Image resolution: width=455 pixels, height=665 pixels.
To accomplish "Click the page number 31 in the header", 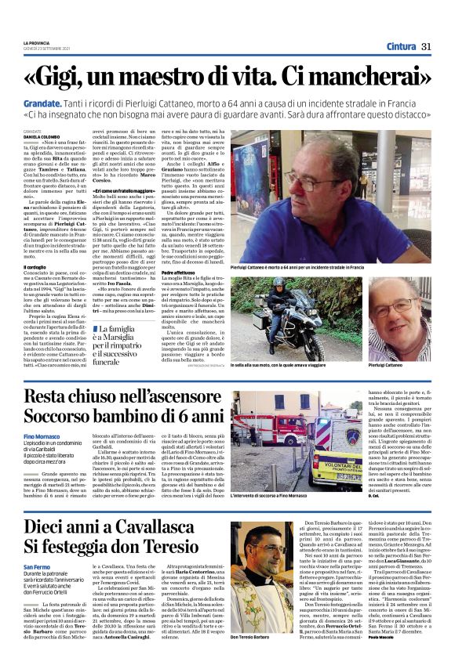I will click(x=427, y=46).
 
